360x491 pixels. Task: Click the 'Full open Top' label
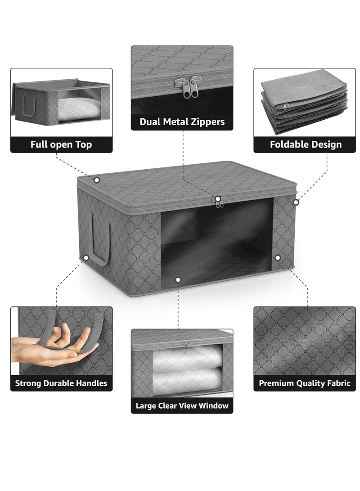61,144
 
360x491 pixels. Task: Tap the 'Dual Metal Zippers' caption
182,122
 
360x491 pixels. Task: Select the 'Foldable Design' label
306,144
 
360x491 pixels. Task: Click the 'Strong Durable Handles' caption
61,383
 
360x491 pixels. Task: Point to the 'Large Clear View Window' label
182,405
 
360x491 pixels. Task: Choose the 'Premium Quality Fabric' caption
305,383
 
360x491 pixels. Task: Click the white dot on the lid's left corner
96,180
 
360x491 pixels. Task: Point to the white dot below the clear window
178,280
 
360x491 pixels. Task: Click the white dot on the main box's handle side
85,258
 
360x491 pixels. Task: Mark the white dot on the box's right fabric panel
278,258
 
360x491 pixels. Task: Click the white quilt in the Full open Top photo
79,109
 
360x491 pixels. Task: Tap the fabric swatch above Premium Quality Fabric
305,341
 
